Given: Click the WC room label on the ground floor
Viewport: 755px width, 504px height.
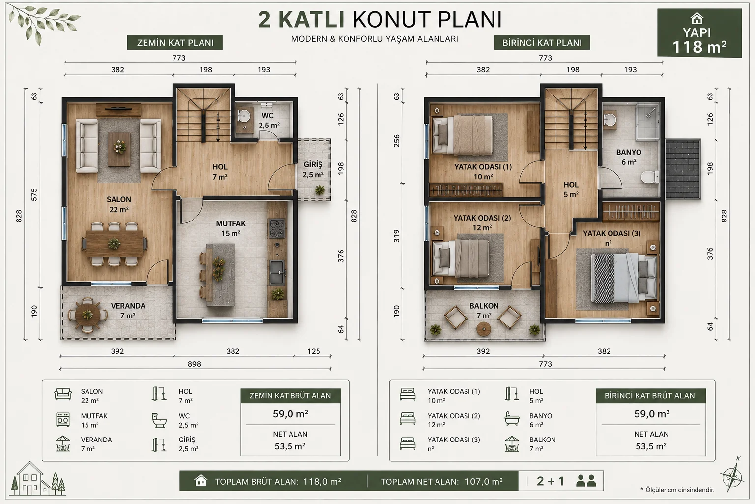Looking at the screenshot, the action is click(x=267, y=116).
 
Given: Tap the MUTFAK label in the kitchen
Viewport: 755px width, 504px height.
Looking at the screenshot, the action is click(x=231, y=223).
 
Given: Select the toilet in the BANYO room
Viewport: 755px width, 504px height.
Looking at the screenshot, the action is click(x=650, y=177).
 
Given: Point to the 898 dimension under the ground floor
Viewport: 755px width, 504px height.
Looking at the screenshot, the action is click(x=194, y=364).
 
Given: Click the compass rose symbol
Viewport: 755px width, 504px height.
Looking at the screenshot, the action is click(x=732, y=476).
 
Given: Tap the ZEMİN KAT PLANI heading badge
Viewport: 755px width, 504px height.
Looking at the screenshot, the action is click(x=175, y=43).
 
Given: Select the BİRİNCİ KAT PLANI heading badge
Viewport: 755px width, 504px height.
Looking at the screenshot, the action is click(x=542, y=43).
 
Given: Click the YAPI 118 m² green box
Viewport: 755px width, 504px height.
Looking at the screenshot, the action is click(x=699, y=33).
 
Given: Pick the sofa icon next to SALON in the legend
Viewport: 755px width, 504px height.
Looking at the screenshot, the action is click(x=63, y=394).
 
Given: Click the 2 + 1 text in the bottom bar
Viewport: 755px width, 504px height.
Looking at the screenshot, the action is click(x=551, y=481).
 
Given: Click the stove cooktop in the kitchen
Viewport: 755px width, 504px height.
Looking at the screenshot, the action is click(x=277, y=228).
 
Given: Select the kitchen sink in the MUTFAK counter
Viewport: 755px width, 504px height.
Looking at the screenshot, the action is click(x=277, y=272).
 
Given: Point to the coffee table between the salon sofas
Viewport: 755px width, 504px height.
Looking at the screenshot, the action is click(x=119, y=149).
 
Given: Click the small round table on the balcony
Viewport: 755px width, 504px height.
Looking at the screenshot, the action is click(x=484, y=329).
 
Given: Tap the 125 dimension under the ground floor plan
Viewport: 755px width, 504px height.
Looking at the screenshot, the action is click(x=314, y=351).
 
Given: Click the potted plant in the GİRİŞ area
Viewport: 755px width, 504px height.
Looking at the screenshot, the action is click(x=319, y=190).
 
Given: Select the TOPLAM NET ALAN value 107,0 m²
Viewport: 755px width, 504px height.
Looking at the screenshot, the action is click(x=484, y=481).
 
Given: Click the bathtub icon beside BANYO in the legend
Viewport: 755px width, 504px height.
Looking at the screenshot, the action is click(x=512, y=419).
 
